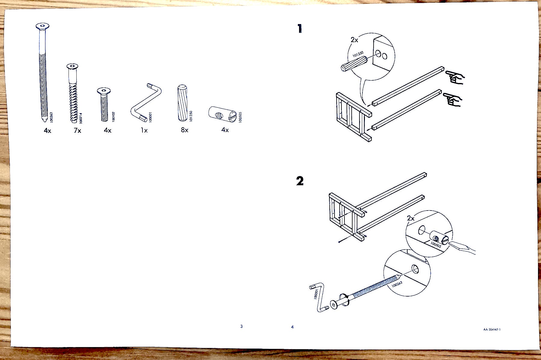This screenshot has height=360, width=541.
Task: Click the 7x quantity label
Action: (77, 131)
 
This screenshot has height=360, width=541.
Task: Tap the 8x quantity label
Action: (185, 130)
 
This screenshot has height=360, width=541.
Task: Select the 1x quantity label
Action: (144, 131)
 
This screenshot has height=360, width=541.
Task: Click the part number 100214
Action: (80, 118)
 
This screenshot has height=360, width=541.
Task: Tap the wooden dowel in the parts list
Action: (182, 103)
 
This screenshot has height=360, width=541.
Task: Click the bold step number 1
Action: (299, 29)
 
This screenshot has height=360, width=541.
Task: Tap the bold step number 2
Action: (300, 181)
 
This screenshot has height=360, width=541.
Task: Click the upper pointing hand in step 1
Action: (455, 77)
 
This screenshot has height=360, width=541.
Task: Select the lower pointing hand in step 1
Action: (453, 100)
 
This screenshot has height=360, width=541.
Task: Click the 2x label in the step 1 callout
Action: (354, 40)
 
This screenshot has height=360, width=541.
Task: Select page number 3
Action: (241, 326)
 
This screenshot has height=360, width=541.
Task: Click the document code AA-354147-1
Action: (492, 329)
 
